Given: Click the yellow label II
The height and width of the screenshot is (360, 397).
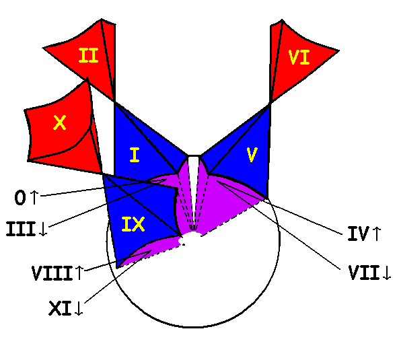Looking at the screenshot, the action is tap(88, 55).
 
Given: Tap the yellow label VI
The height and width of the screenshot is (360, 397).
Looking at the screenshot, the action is tap(299, 57).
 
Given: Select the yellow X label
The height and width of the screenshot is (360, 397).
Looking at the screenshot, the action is tap(60, 122).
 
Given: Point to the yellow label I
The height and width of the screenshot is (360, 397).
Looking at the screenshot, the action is tap(135, 155).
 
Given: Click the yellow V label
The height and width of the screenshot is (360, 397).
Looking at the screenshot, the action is tap(252, 155).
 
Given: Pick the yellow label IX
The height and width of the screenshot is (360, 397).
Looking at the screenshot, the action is tap(133, 224).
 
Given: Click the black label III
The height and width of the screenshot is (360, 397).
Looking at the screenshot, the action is tap(21, 229).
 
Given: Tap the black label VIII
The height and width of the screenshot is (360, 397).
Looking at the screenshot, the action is tap(52, 273).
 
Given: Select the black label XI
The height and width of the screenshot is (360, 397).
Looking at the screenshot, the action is tap(60, 308).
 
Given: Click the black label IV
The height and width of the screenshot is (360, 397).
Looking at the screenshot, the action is tap(358, 233).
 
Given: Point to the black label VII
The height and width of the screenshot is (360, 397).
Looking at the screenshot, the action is tap(365, 273).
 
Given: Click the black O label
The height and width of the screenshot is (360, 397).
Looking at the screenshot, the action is tap(20, 197).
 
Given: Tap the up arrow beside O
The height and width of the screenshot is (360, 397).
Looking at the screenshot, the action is tap(34, 197).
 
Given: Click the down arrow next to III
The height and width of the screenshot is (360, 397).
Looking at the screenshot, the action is tap(43, 229).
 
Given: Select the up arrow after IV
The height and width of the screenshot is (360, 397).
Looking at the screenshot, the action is tap(377, 233).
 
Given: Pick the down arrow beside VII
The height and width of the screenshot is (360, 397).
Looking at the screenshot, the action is tap(387, 273).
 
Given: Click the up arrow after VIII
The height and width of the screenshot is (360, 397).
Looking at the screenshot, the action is tap(79, 273).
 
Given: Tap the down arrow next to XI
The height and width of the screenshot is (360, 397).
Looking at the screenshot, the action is tap(79, 308).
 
